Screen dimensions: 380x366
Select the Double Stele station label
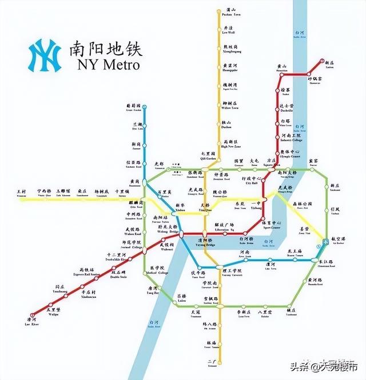coord(119,277)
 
